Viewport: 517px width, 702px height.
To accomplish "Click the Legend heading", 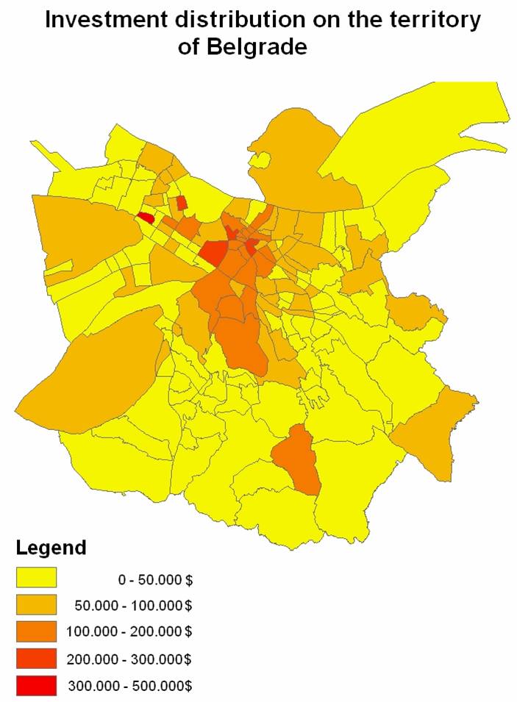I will [51, 548].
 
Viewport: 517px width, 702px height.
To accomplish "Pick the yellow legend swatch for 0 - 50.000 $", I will [36, 578].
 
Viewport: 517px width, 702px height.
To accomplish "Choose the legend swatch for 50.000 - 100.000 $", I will [36, 605].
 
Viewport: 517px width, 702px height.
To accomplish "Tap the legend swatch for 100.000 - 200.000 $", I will [36, 631].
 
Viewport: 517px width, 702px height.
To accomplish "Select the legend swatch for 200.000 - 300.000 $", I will [36, 658].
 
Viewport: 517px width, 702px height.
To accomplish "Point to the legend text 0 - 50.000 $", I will [155, 579].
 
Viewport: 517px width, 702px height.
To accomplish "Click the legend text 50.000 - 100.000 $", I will [133, 606].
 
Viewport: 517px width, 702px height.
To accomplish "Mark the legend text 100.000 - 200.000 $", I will [130, 632].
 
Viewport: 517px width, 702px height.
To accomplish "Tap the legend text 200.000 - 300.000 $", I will [130, 659].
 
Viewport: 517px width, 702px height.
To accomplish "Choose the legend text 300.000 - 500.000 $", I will [130, 686].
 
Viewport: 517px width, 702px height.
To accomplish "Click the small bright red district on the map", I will [146, 218].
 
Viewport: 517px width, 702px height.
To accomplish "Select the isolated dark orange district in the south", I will [298, 459].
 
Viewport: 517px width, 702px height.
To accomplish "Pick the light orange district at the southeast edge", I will [438, 434].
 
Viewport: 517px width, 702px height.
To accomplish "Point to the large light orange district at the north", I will [302, 162].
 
